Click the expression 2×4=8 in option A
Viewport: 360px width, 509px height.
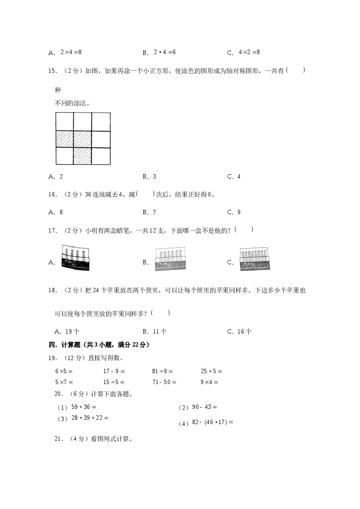(71, 52)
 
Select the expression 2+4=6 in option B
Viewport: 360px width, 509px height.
(164, 52)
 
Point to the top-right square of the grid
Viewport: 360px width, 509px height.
(101, 121)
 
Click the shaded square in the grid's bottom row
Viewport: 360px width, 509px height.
(82, 156)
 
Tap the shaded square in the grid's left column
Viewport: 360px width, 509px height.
(65, 139)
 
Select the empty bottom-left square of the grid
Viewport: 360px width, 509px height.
(65, 156)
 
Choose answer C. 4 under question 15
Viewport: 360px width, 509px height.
(234, 176)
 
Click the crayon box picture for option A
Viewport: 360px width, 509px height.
(76, 258)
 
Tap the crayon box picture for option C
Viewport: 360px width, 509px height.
(254, 259)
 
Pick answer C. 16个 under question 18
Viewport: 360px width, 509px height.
(239, 331)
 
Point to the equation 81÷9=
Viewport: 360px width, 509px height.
(162, 371)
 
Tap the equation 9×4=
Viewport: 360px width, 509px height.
(209, 382)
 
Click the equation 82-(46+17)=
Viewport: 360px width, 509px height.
(213, 422)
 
